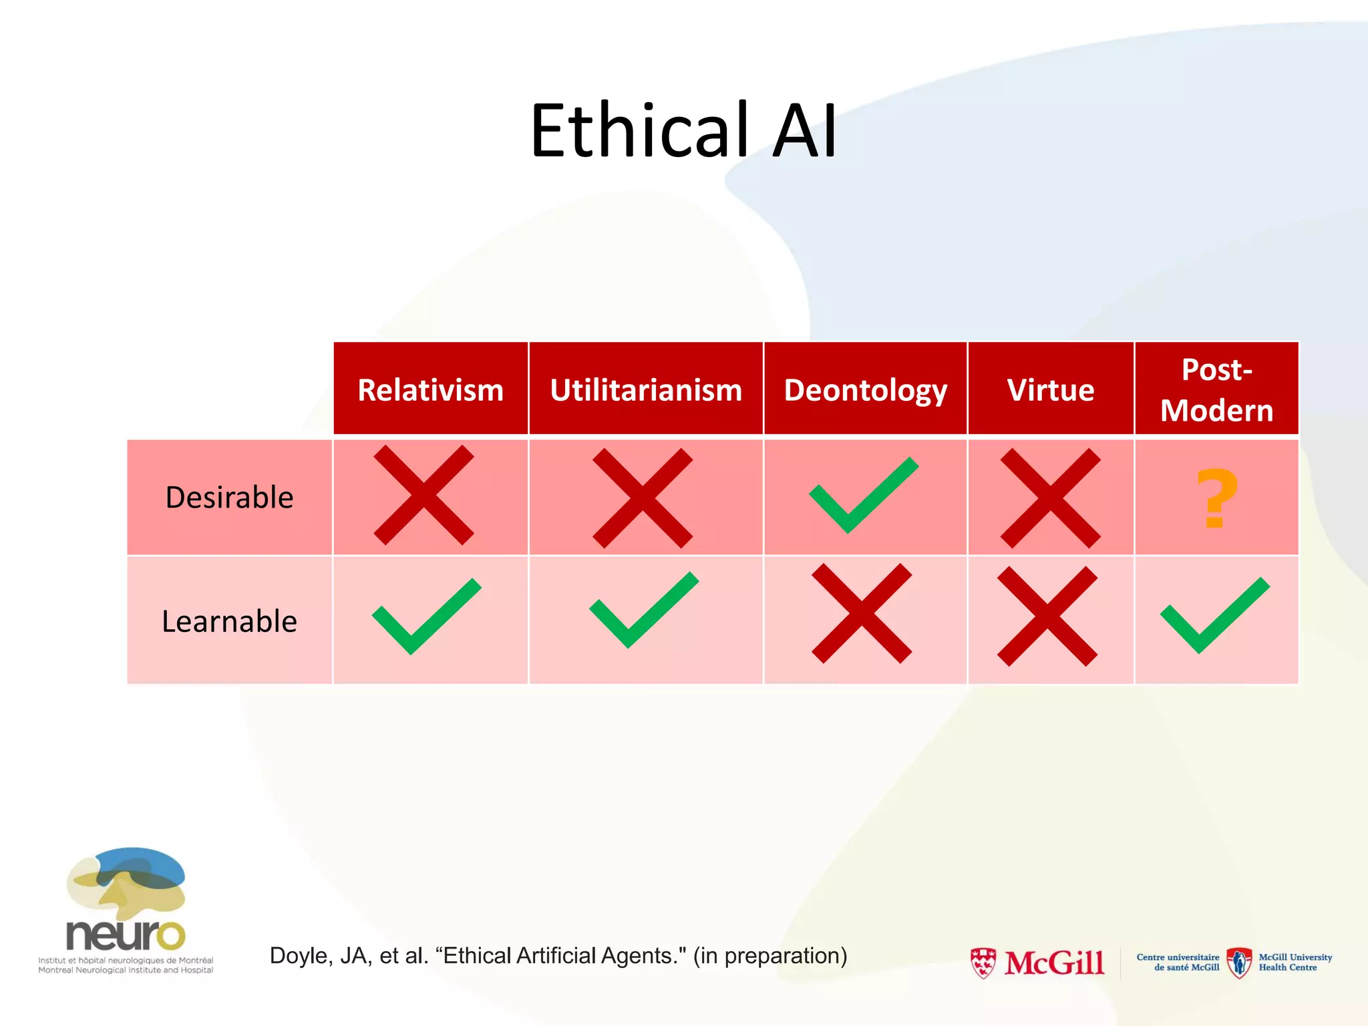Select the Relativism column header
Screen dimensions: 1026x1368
[x=430, y=390]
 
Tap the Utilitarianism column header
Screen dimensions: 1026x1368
[x=645, y=390]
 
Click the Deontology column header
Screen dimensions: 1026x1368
[x=865, y=390]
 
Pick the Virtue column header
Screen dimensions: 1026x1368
[x=1050, y=390]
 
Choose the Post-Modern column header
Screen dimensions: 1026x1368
[x=1216, y=390]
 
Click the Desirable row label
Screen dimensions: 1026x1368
[x=229, y=498]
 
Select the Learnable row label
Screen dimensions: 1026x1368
[x=229, y=621]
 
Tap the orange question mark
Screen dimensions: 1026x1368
[x=1216, y=498]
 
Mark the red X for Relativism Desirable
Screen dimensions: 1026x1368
[x=423, y=495]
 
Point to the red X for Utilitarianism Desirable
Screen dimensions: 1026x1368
[x=643, y=498]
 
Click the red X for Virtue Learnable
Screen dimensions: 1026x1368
[x=1047, y=616]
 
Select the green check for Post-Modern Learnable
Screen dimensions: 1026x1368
[x=1214, y=615]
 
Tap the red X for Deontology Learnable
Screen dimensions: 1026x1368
[x=862, y=613]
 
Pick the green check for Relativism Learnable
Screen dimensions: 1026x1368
[x=426, y=616]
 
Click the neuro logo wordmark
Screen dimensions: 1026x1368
[x=125, y=934]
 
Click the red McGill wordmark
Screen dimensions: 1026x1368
[x=1054, y=963]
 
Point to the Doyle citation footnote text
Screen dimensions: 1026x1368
[x=558, y=956]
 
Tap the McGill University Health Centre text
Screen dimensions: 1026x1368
[x=1295, y=963]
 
